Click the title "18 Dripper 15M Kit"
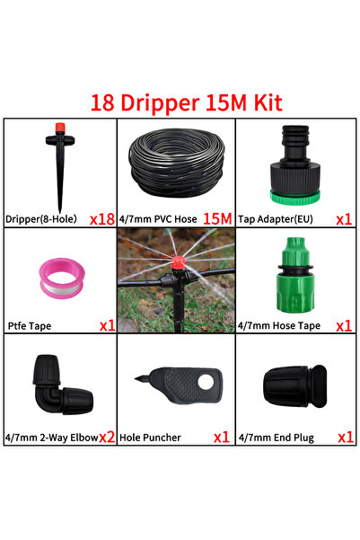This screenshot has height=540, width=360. point(186,102)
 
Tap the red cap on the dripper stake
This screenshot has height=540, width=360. point(60,128)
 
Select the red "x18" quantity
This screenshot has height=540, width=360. point(102,219)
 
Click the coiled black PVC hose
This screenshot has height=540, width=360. point(177,163)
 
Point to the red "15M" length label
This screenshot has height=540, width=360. point(217,218)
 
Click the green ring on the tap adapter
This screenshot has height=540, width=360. point(294,198)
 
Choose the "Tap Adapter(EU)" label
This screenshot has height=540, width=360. point(276,219)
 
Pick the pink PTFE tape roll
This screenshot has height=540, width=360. point(62,279)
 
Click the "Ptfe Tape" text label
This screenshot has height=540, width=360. point(30,326)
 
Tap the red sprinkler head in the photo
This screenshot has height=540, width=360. point(179,263)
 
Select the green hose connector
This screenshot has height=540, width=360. point(295,275)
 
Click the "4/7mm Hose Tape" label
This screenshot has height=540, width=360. point(279,325)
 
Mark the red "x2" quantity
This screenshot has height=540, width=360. point(107,437)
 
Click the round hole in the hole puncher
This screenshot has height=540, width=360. point(206,382)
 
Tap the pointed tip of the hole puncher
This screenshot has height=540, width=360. point(136,379)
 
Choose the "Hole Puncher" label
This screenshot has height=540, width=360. point(150,438)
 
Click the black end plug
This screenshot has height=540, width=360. point(295,386)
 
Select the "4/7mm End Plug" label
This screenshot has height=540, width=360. point(277,438)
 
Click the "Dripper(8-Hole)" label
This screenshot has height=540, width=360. point(41,219)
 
